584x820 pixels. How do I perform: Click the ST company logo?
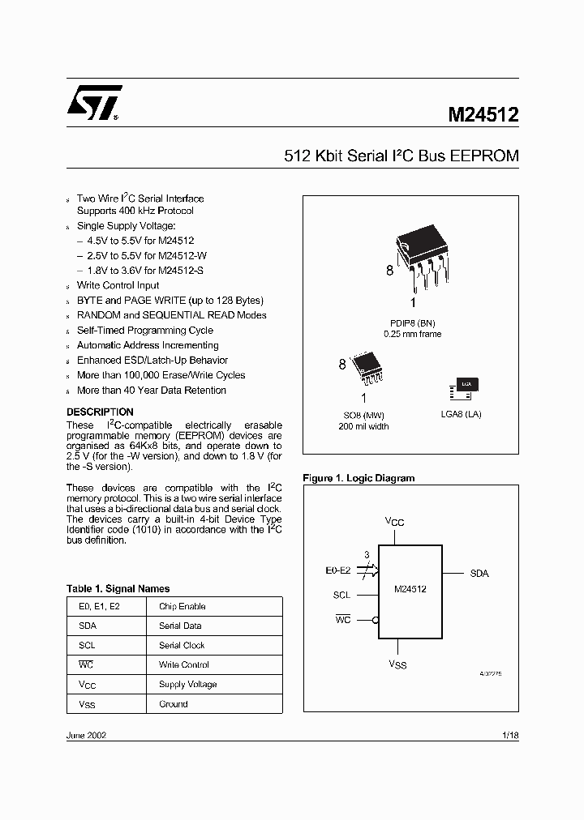94,103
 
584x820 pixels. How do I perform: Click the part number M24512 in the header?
483,115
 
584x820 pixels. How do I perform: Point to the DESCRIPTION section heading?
100,412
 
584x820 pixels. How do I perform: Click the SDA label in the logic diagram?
479,573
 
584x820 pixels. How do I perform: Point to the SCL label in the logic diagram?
341,595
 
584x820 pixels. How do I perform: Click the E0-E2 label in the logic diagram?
337,570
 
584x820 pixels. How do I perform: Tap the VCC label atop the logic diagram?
394,522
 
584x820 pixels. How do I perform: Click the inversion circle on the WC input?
376,620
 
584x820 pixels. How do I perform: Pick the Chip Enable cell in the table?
182,606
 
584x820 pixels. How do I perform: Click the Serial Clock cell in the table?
182,645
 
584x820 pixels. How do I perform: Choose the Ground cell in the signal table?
174,704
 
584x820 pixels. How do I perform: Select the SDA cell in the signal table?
88,626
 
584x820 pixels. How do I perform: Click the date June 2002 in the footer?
86,735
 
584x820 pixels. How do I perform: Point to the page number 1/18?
510,735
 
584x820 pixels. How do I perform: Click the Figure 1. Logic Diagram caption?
359,478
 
